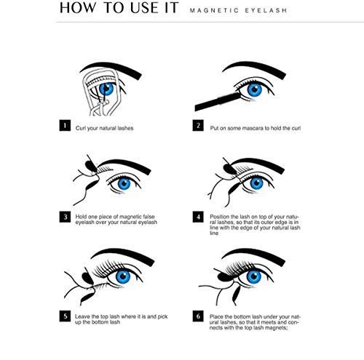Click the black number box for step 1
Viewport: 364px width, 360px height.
tap(65, 125)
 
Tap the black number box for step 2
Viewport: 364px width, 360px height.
tap(198, 125)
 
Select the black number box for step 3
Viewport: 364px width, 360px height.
tap(65, 217)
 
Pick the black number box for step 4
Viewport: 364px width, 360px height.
tap(198, 217)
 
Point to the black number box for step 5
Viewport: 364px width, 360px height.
tap(65, 316)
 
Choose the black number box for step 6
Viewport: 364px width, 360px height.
tap(198, 316)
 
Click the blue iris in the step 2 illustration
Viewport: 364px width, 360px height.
tap(255, 89)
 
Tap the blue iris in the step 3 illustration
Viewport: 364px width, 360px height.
tap(124, 183)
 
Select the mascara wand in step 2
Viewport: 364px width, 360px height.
tap(218, 102)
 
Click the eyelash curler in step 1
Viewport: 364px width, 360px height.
tap(101, 92)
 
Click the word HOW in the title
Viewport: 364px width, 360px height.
tap(78, 8)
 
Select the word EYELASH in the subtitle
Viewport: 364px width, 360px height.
tap(266, 11)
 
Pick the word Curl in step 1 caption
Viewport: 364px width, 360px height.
tap(81, 128)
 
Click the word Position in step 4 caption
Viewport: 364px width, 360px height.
tap(220, 217)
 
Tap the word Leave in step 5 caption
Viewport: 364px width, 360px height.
tap(82, 316)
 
